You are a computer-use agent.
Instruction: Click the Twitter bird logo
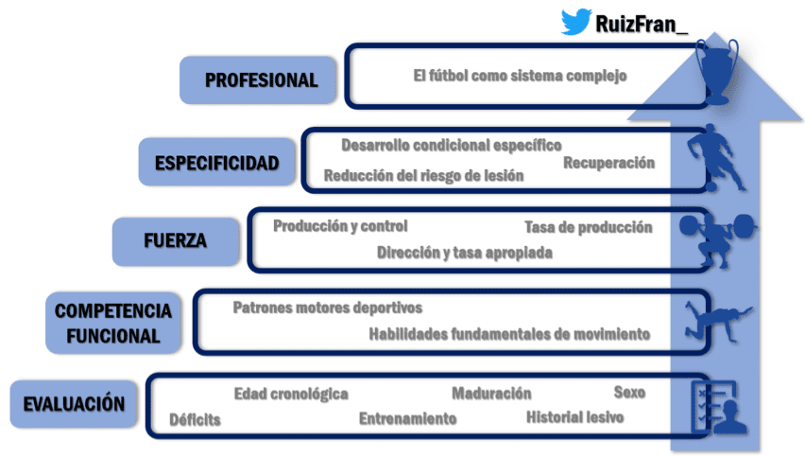click(x=576, y=22)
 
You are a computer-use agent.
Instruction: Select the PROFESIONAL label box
click(x=260, y=80)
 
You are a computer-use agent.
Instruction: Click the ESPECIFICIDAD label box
click(x=216, y=162)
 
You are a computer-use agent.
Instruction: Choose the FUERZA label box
click(x=174, y=240)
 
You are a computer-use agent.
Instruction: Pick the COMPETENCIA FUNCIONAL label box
click(x=112, y=322)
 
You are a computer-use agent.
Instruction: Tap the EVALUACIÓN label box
click(x=73, y=404)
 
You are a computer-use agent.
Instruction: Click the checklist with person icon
click(x=717, y=408)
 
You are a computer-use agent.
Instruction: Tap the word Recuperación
click(x=608, y=163)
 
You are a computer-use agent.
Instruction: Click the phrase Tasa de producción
click(x=588, y=227)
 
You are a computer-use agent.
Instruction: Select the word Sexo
click(x=629, y=392)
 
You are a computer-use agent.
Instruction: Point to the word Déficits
click(x=196, y=419)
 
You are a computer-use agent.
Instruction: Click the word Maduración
click(x=491, y=394)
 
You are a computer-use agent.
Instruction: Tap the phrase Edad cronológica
click(x=291, y=394)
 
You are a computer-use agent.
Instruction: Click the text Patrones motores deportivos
click(x=327, y=308)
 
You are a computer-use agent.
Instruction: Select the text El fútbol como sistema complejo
click(x=520, y=76)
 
